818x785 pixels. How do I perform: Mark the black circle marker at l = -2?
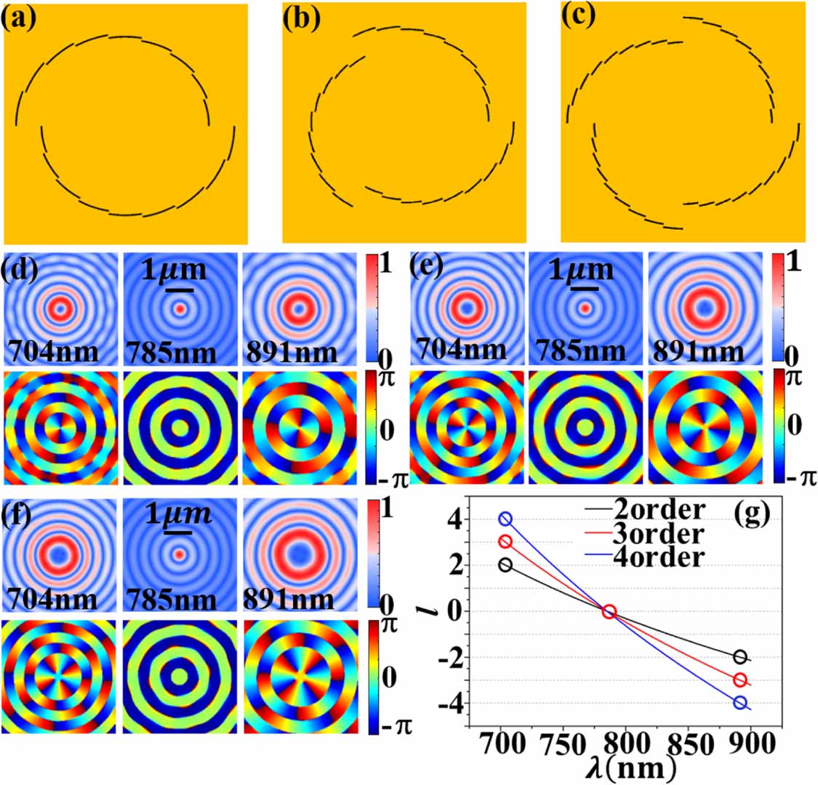740,657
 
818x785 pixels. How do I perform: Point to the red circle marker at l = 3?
505,542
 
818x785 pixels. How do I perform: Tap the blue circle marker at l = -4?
740,703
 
